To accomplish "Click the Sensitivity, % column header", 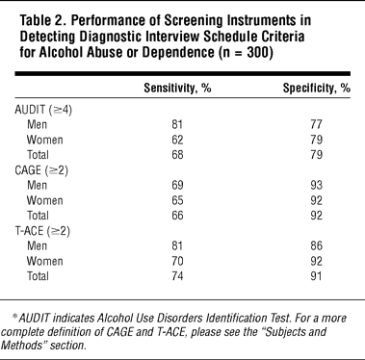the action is [x=177, y=88].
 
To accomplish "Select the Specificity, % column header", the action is [x=316, y=88].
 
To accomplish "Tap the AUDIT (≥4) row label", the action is [x=43, y=110].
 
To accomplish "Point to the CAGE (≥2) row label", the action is [x=41, y=170].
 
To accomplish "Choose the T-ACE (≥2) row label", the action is [x=42, y=231].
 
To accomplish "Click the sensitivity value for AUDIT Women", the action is [x=177, y=140].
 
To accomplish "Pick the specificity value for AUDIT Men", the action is [x=316, y=124].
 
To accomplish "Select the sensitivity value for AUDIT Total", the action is [x=177, y=155].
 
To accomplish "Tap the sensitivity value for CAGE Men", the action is [x=177, y=185].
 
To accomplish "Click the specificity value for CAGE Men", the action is [x=316, y=185].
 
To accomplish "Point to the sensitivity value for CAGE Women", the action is [x=177, y=200].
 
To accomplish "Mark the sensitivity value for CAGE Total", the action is [x=177, y=216].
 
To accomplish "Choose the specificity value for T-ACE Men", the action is [x=316, y=245].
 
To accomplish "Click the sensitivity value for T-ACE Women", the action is [x=177, y=261].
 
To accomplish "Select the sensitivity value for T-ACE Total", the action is [x=177, y=276].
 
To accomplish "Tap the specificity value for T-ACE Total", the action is [x=316, y=276].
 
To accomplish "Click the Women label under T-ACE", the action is [x=44, y=261].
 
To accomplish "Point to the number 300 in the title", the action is [x=257, y=52].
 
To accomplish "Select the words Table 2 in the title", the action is [x=41, y=21].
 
